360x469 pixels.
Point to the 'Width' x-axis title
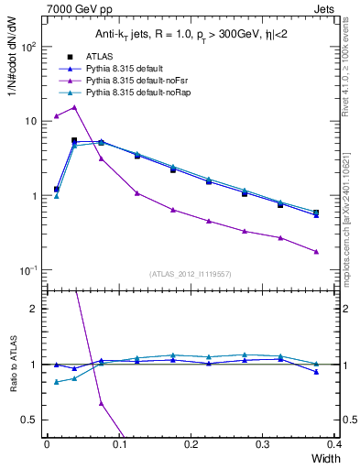pos(324,457)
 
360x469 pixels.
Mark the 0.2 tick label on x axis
pos(191,443)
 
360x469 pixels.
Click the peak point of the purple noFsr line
pos(74,107)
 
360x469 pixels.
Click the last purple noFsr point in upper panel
pos(316,252)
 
